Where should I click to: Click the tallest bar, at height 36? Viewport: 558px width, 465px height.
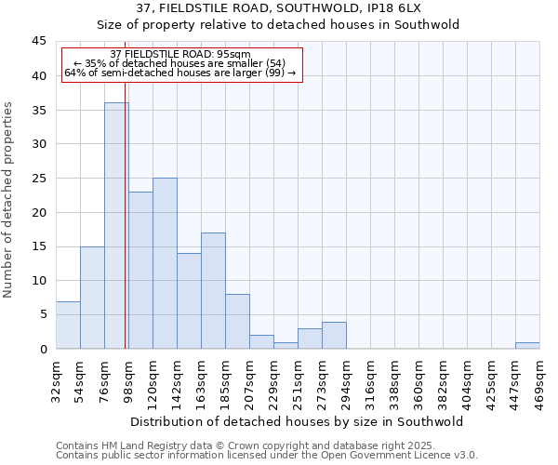pyautogui.click(x=116, y=226)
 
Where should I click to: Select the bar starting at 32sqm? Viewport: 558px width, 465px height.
pyautogui.click(x=68, y=325)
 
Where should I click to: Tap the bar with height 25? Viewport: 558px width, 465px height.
pyautogui.click(x=165, y=263)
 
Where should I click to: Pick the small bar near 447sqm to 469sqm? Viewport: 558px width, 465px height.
pyautogui.click(x=527, y=345)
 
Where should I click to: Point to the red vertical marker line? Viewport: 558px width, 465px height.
pyautogui.click(x=125, y=232)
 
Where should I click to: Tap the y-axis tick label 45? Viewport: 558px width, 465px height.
pyautogui.click(x=38, y=42)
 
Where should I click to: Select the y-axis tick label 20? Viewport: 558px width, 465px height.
pyautogui.click(x=38, y=212)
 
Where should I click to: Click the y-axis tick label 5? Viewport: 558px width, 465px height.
pyautogui.click(x=42, y=314)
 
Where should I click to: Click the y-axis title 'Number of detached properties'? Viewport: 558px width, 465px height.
pyautogui.click(x=9, y=200)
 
